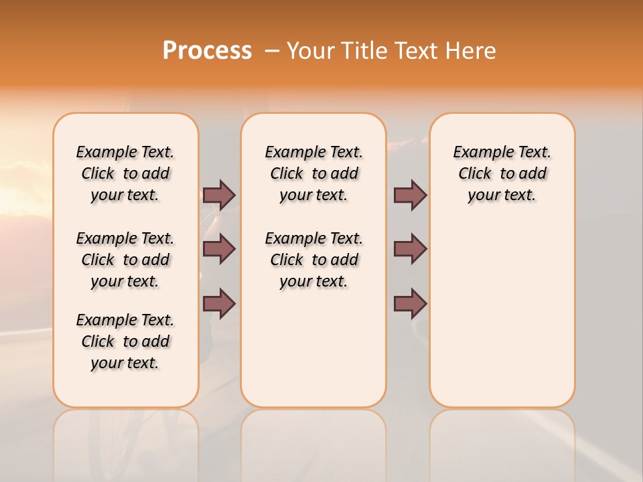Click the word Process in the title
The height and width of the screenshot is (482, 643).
click(207, 51)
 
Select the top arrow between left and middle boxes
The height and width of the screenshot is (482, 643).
click(219, 195)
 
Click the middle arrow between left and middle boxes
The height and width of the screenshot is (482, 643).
click(219, 249)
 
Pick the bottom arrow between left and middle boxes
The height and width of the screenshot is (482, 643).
click(219, 303)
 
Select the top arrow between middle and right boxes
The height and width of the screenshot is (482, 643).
click(410, 195)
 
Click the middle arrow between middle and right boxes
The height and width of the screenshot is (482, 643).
click(410, 249)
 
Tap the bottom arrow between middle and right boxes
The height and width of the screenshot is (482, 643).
click(410, 303)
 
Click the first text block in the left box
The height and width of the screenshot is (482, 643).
click(125, 173)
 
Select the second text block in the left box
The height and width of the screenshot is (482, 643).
click(125, 260)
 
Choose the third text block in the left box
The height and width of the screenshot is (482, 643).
click(125, 341)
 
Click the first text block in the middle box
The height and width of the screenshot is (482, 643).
click(313, 173)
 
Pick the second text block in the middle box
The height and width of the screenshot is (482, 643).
click(313, 260)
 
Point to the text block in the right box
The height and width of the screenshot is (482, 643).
click(502, 173)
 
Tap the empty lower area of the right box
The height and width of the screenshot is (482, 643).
click(502, 315)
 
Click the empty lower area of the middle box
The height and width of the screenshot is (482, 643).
click(313, 348)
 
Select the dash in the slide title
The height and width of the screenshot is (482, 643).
click(272, 51)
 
